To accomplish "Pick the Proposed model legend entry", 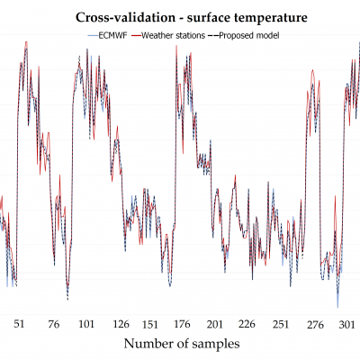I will coord(245,35).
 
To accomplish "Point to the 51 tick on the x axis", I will coord(20,324).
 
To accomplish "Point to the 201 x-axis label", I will coord(215,324).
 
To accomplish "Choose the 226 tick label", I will coord(248,324).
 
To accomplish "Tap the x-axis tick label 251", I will coord(281,324).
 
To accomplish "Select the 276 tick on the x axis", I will coord(313,324).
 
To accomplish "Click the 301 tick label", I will coord(346,324).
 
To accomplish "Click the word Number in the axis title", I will coord(150,344).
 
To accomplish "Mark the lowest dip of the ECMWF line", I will coord(337,307).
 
